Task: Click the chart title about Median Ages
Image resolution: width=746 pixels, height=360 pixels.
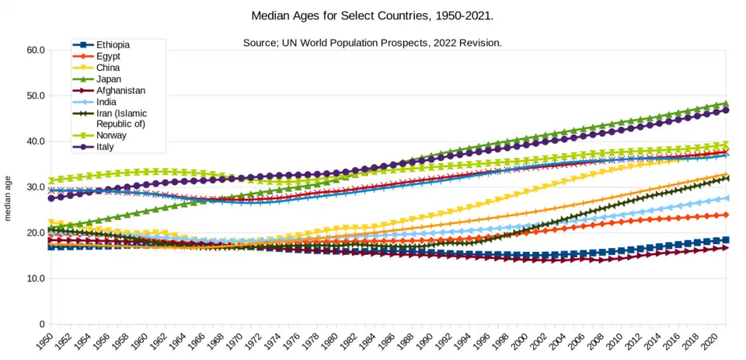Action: tap(372, 16)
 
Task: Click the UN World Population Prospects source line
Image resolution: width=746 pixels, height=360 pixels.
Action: tap(372, 42)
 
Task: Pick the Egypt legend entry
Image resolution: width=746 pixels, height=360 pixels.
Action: tap(108, 57)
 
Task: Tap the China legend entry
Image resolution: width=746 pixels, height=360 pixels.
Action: tap(109, 68)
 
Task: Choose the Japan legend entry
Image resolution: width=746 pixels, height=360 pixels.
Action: tap(110, 79)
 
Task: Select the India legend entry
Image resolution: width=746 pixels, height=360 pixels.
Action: tap(107, 102)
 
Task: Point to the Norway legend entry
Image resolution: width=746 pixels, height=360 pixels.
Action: tap(112, 135)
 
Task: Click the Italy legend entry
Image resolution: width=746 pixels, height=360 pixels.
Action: tap(106, 146)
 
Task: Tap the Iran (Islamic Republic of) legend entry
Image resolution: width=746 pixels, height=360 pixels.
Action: tap(121, 118)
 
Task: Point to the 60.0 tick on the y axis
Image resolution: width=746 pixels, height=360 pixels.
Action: tap(35, 50)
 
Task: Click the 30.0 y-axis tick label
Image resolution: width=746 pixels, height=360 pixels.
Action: tap(35, 187)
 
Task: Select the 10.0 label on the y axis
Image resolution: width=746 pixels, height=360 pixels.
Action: tap(35, 278)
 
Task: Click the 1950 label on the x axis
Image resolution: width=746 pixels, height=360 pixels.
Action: tap(46, 341)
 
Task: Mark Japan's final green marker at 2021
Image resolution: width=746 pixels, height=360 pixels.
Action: tap(726, 103)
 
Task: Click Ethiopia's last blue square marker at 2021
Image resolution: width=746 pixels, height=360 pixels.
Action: tap(726, 240)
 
